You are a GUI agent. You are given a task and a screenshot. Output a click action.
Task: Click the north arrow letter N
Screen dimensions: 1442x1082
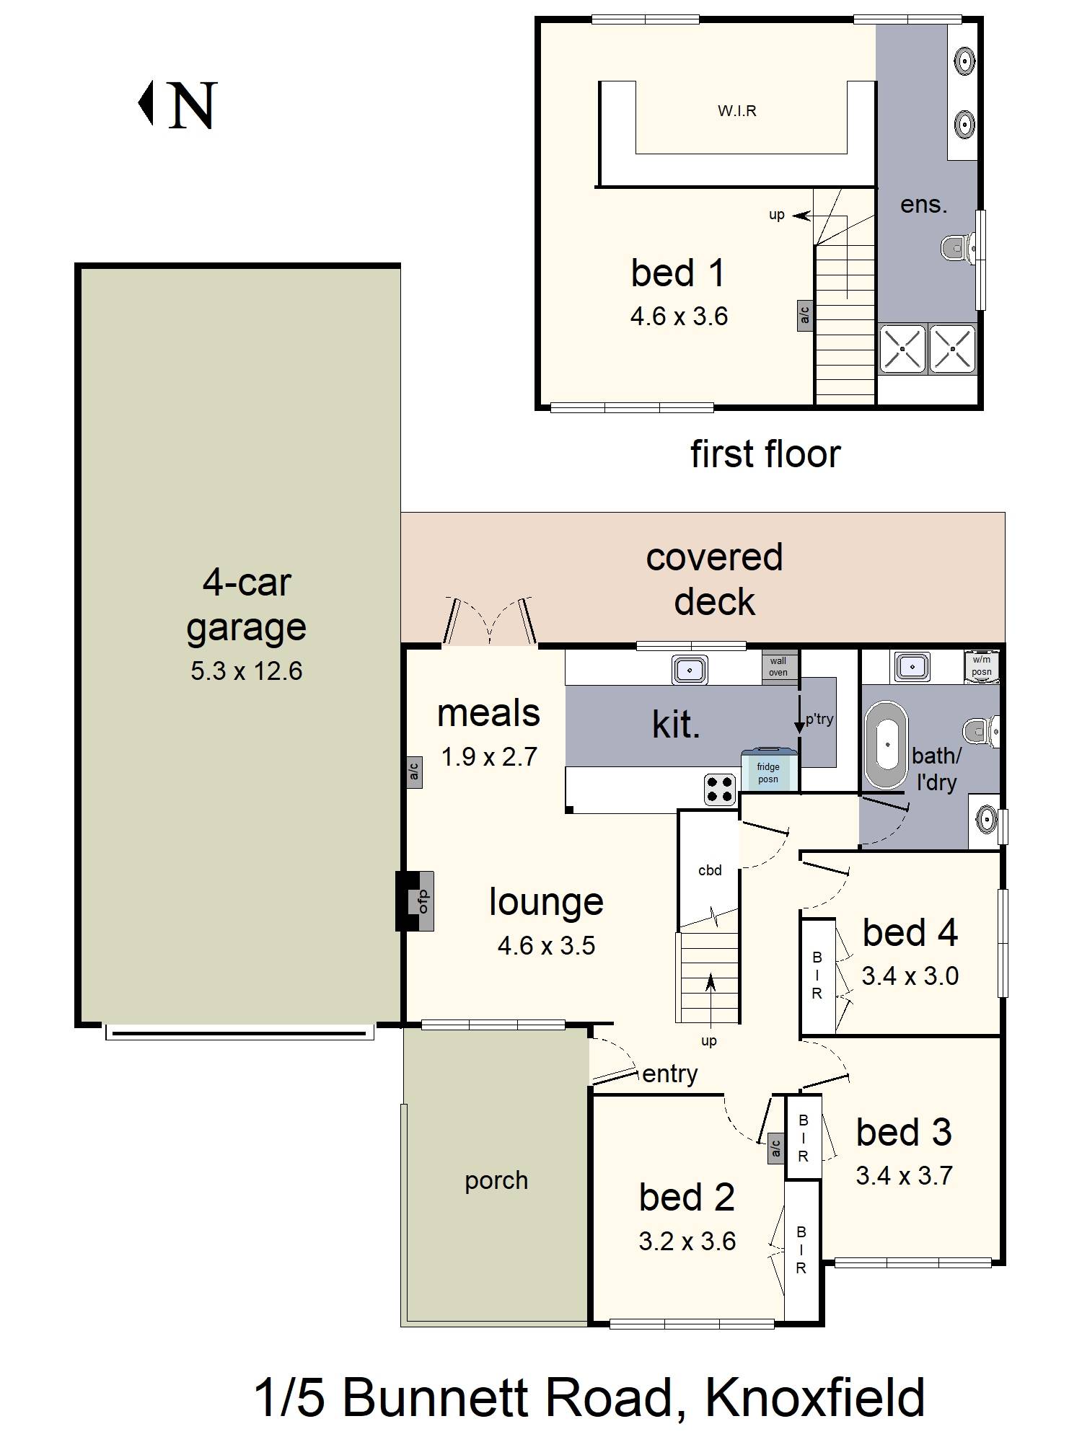pyautogui.click(x=192, y=105)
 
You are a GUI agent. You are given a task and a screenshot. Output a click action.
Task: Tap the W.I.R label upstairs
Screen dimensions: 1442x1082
pyautogui.click(x=737, y=111)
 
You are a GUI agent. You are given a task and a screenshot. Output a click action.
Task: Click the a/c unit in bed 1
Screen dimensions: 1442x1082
pyautogui.click(x=805, y=316)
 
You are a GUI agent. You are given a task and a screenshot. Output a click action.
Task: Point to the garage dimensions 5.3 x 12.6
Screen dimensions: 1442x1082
pyautogui.click(x=246, y=671)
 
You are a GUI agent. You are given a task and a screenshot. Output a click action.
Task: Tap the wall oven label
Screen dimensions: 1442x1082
pyautogui.click(x=778, y=666)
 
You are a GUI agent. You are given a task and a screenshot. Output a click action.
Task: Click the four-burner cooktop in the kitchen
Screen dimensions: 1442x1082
pyautogui.click(x=719, y=789)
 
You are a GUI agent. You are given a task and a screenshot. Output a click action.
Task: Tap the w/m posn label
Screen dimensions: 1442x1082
pyautogui.click(x=981, y=665)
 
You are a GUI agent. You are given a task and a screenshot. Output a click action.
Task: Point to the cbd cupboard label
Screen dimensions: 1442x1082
pyautogui.click(x=710, y=870)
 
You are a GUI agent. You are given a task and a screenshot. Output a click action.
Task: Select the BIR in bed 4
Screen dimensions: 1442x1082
pyautogui.click(x=817, y=976)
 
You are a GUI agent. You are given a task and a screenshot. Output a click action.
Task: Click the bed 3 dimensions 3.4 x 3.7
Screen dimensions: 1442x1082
pyautogui.click(x=904, y=1176)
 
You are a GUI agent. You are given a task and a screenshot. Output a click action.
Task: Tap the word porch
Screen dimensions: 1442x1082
pyautogui.click(x=496, y=1181)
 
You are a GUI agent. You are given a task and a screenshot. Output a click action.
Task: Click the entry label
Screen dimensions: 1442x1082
pyautogui.click(x=669, y=1074)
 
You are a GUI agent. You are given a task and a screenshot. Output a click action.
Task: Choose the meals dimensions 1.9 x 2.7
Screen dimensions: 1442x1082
pyautogui.click(x=489, y=757)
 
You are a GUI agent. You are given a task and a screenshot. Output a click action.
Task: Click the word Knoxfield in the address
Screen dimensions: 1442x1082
pyautogui.click(x=814, y=1398)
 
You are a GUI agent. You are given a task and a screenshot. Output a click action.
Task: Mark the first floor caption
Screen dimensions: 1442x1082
pyautogui.click(x=765, y=454)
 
